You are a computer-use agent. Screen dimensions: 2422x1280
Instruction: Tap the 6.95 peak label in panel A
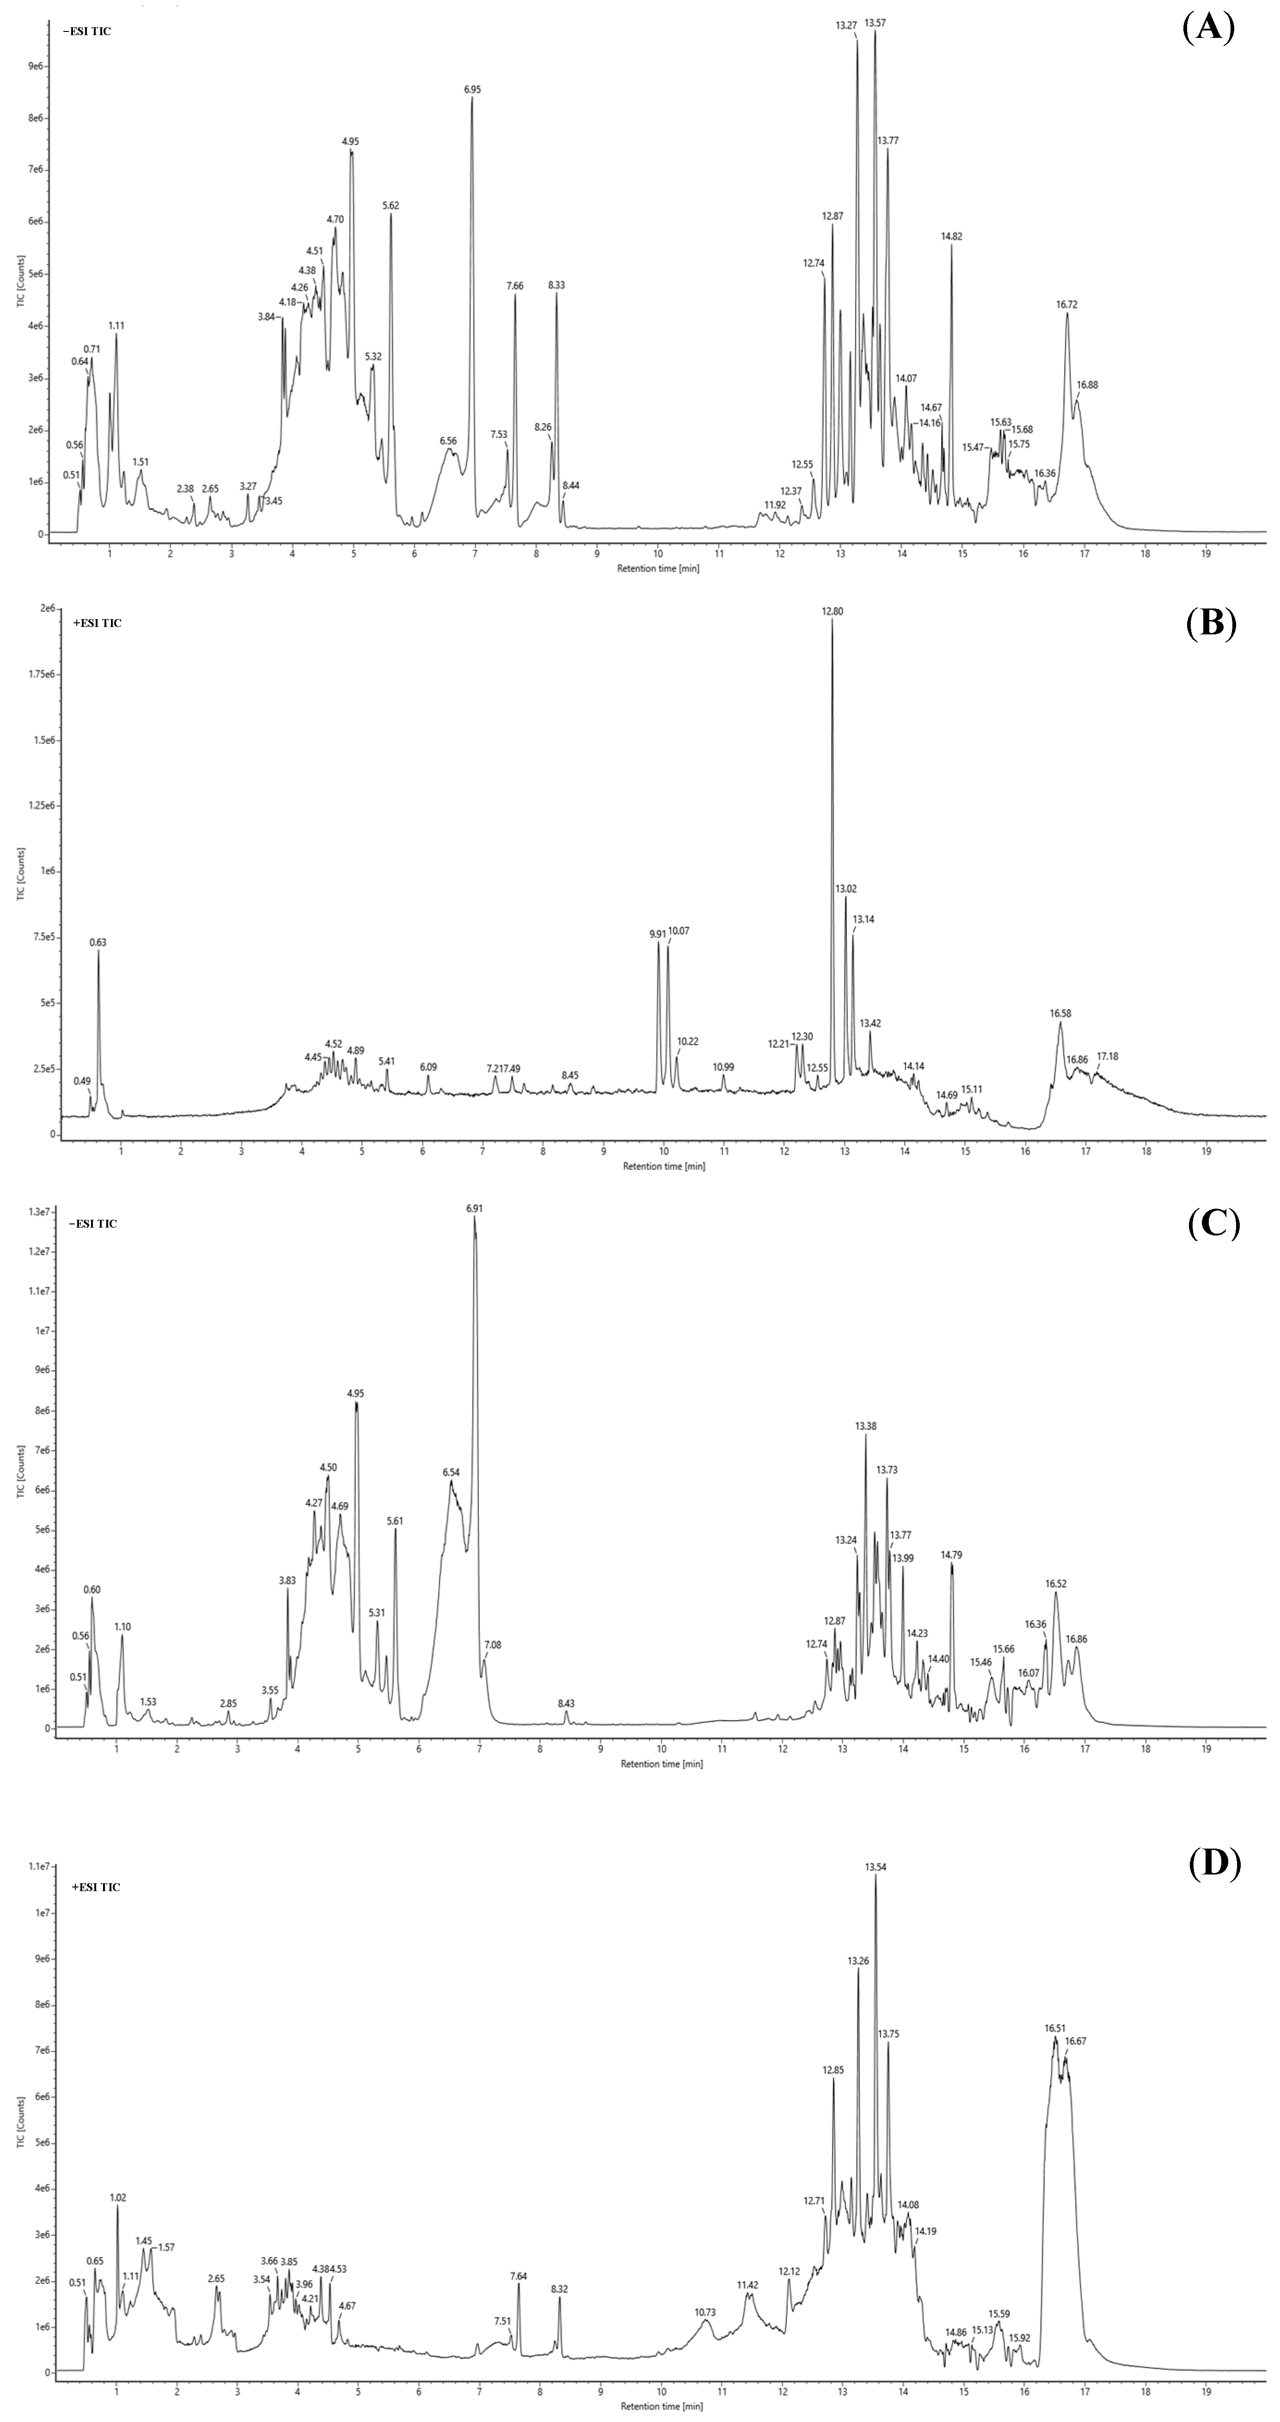(x=472, y=89)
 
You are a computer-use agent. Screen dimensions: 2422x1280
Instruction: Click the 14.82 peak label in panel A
(x=952, y=237)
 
